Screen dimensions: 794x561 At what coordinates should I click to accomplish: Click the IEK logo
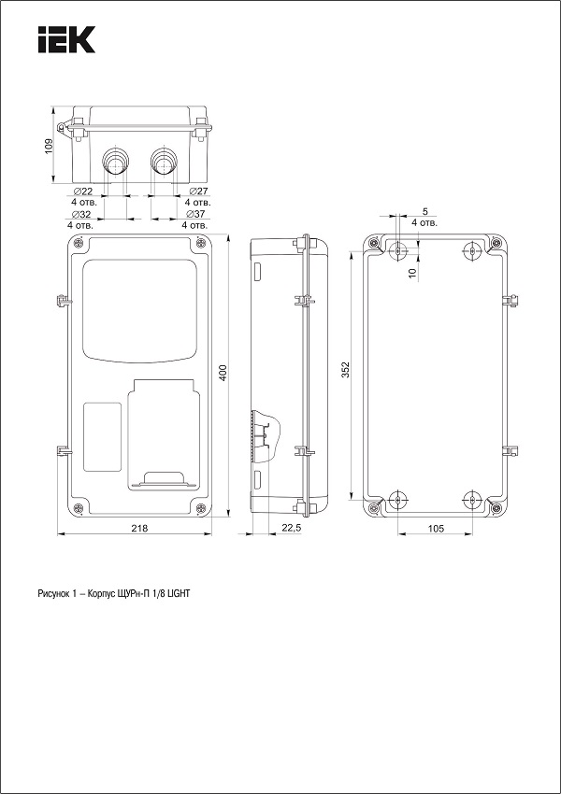[66, 40]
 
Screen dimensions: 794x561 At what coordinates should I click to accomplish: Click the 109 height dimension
[50, 147]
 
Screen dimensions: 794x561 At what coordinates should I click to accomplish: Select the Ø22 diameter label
[81, 191]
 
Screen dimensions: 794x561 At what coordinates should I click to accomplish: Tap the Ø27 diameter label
[196, 191]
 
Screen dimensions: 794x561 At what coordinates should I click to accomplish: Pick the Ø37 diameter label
[195, 214]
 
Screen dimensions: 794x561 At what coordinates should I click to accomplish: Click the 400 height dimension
[223, 373]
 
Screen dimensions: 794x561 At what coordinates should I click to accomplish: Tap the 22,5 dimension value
[291, 529]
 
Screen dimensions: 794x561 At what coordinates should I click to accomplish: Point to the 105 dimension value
[435, 529]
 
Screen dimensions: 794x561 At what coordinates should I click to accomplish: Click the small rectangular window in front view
[102, 436]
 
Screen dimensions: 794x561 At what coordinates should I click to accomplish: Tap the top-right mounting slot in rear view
[473, 250]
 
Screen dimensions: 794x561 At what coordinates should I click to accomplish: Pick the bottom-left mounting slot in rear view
[398, 498]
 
